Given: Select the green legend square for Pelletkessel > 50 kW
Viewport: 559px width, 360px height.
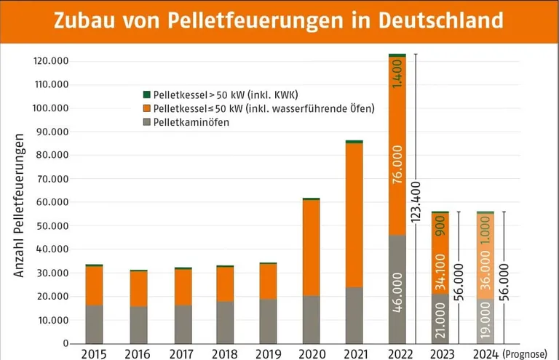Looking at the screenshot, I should tap(146, 95).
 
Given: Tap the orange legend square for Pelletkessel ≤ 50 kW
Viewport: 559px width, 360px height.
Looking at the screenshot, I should tap(146, 108).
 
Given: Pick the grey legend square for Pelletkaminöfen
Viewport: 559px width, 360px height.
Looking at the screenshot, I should tap(146, 122).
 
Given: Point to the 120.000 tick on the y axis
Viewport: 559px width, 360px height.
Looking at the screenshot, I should tap(51, 61).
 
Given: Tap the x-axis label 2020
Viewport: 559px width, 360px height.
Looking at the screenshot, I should tap(311, 353).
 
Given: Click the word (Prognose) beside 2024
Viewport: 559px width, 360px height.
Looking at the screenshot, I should tap(525, 354).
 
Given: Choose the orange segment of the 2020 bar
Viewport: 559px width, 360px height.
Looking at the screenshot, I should tap(311, 247).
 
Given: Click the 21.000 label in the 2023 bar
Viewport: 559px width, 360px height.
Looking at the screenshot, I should tap(440, 321).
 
